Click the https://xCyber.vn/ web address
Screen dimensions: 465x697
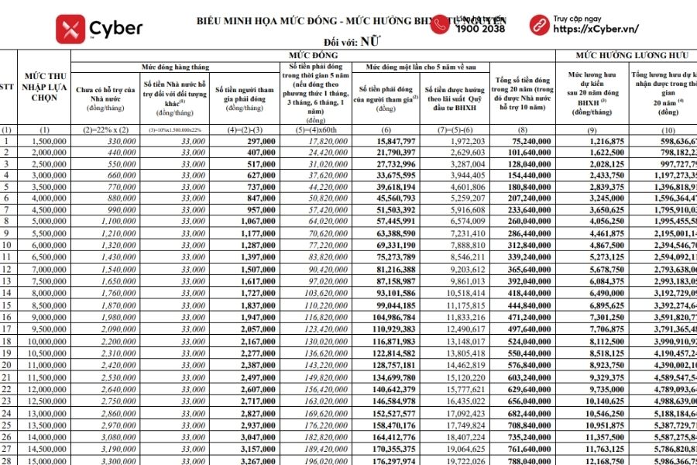[x=596, y=29]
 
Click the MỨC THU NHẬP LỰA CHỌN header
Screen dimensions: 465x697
[x=43, y=89]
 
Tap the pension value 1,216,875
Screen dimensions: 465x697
[x=596, y=141]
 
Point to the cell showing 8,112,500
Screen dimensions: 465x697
[x=596, y=341]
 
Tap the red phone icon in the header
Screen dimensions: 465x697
[x=439, y=25]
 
